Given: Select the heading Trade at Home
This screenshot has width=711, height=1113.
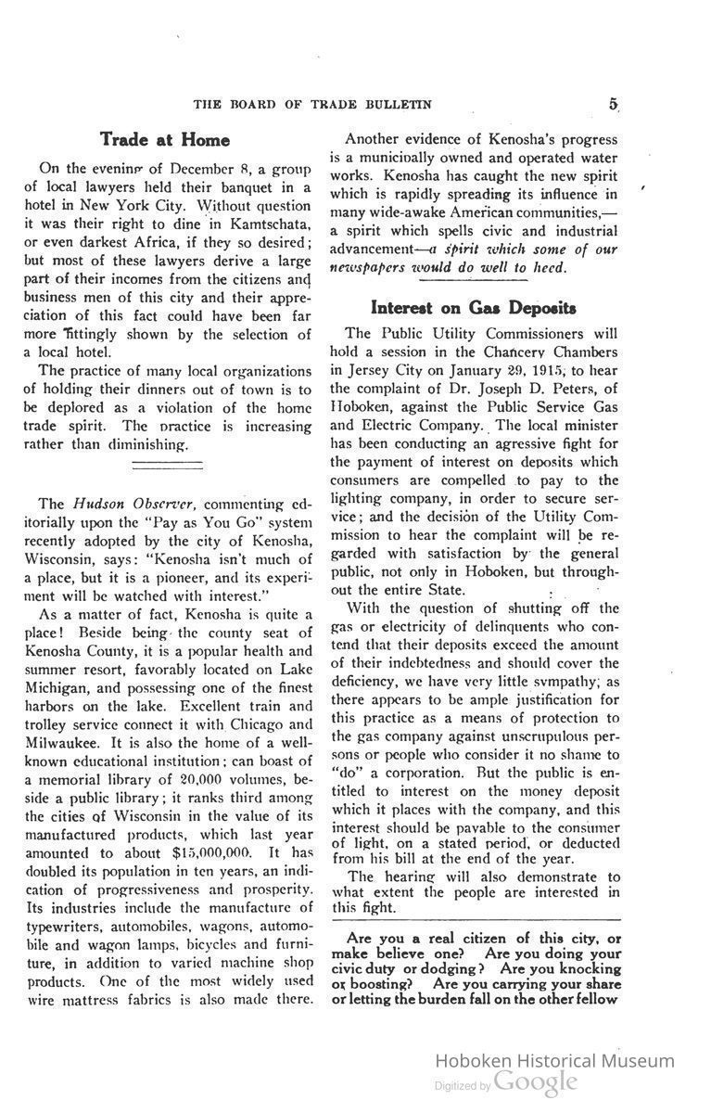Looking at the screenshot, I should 165,139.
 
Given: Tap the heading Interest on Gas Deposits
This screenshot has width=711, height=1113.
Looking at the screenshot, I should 474,307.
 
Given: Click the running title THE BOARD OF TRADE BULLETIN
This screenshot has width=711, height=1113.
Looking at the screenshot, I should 311,103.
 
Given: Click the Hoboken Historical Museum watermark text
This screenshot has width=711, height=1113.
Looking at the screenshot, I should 554,1061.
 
